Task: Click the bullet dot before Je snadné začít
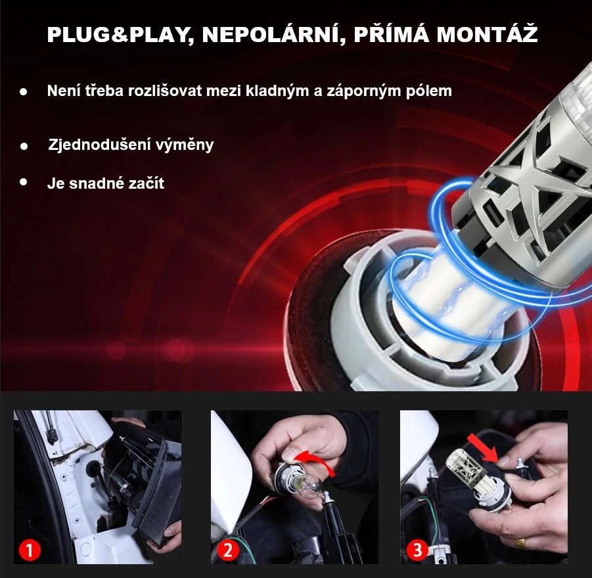pos(24,181)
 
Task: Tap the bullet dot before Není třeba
pos(24,92)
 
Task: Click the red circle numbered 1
pos(31,550)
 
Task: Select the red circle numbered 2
pos(227,550)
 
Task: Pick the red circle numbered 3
pos(417,550)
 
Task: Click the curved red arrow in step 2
pos(316,460)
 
